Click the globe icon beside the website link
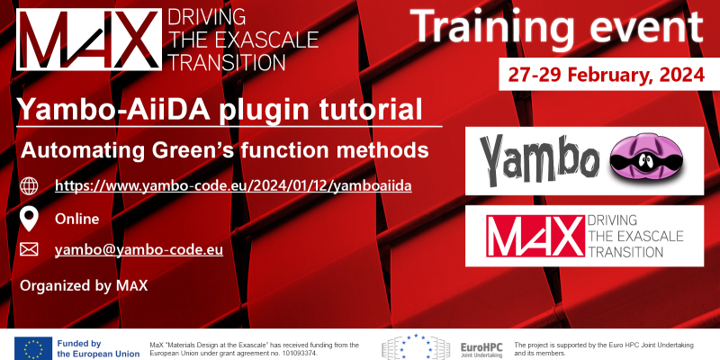tap(29, 186)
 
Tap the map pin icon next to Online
tap(30, 219)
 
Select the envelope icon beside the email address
tap(29, 249)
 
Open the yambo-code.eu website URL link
tap(233, 185)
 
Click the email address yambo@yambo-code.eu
tap(139, 250)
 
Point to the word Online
tap(77, 219)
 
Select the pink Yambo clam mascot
tap(646, 160)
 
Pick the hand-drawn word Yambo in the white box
tap(540, 160)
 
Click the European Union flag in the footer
tap(33, 348)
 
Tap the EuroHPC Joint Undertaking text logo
tap(481, 349)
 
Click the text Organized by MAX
tap(84, 285)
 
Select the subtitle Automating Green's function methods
tap(225, 150)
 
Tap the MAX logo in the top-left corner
tap(89, 40)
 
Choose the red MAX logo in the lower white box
tap(535, 236)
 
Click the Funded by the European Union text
tap(98, 349)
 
